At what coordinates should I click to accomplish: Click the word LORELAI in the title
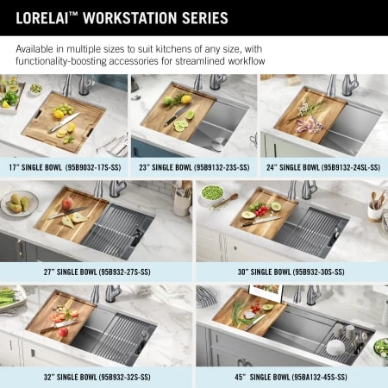[x=42, y=18]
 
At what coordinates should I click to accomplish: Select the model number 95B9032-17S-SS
[x=93, y=167]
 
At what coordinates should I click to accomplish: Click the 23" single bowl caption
[x=194, y=167]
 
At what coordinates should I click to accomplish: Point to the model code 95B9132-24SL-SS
[x=351, y=167]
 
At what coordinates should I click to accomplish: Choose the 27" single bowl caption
[x=97, y=272]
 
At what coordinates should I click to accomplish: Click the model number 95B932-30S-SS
[x=318, y=272]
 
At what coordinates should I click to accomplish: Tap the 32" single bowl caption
[x=97, y=377]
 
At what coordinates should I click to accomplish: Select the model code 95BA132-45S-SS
[x=319, y=377]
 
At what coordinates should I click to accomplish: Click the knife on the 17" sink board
[x=64, y=122]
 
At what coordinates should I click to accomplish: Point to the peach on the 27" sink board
[x=67, y=203]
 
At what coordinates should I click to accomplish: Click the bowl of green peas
[x=212, y=192]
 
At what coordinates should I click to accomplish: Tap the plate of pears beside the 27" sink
[x=19, y=203]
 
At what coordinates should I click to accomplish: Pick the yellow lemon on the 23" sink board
[x=186, y=99]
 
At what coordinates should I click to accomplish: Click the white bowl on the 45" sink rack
[x=335, y=347]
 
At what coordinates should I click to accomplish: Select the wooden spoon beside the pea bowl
[x=226, y=201]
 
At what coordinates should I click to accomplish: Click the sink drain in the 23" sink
[x=218, y=144]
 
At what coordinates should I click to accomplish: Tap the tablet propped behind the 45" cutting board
[x=266, y=293]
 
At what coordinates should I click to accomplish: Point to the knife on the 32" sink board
[x=59, y=327]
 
